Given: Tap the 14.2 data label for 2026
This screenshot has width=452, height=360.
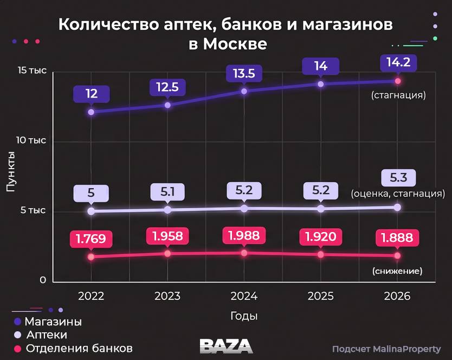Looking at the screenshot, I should pos(398,62).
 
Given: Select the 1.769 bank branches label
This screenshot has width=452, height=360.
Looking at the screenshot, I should pos(91,238).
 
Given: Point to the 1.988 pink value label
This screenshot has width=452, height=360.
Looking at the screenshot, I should pos(244,235).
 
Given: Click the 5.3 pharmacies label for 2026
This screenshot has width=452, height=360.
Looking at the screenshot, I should pos(398,177).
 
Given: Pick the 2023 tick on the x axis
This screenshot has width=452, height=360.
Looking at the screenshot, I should pos(167,297).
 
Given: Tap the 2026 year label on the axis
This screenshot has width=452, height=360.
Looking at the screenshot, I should pos(397,297).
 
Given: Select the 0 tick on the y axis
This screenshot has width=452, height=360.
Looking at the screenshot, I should pos(42,280).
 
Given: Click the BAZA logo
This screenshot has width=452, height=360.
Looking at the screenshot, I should pos(226,346).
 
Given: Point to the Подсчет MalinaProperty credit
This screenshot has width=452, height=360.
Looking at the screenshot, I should pos(386,349).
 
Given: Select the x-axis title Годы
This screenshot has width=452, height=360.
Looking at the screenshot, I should pos(244,316).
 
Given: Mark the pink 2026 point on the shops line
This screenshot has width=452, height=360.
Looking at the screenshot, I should pos(398,81).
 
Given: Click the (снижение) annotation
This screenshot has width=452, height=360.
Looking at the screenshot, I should pos(397,271).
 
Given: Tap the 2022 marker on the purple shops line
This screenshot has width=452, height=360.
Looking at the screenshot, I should pos(91,112).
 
